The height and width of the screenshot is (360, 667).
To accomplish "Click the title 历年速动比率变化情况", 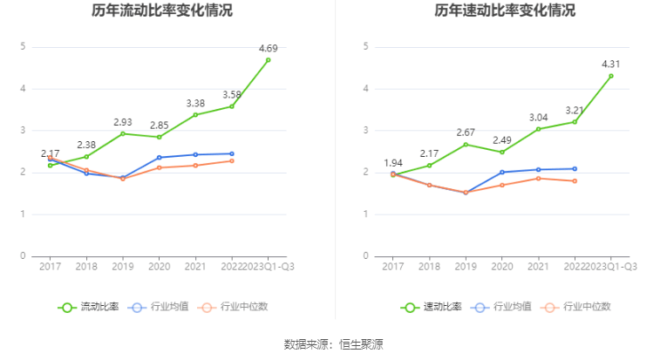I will (506, 11).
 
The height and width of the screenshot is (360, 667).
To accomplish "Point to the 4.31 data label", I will (610, 64).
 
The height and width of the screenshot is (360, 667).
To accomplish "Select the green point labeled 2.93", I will (122, 133).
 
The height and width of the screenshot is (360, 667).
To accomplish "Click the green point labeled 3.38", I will (195, 114).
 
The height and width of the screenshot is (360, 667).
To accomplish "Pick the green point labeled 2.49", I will (501, 152).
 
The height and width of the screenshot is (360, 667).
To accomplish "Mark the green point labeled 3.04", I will (538, 129).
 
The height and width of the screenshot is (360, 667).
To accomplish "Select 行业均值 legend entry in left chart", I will (160, 307).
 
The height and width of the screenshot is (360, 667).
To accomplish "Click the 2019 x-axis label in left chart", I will (122, 267).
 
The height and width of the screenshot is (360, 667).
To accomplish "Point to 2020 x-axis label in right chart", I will (501, 267).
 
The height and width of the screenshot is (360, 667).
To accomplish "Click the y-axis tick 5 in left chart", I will (24, 46).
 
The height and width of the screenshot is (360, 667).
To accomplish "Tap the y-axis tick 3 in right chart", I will (366, 131).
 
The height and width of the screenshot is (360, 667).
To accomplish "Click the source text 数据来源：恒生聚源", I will (333, 344).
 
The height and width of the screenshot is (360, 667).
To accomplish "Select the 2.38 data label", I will (86, 145).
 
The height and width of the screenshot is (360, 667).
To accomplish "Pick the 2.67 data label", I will (465, 132).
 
